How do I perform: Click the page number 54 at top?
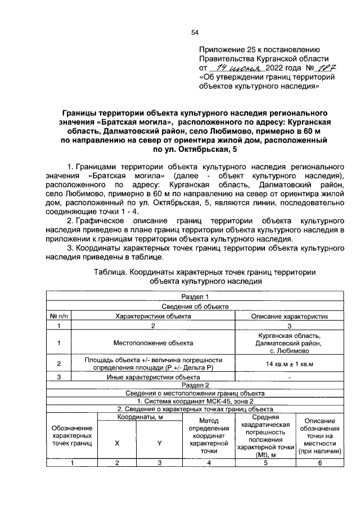click(x=195, y=33)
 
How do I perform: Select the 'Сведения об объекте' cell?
click(x=195, y=307)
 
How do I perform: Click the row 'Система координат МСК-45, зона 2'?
click(x=195, y=401)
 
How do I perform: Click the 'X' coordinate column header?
click(x=117, y=443)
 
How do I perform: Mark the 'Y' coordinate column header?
click(x=159, y=443)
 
